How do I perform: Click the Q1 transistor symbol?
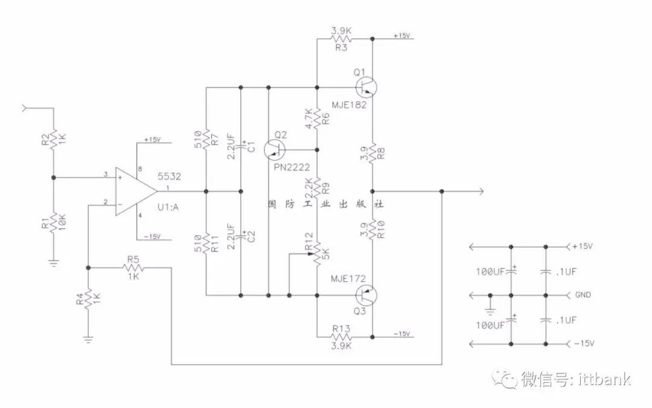366,88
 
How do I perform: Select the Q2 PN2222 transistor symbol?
275,150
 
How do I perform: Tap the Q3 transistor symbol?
366,296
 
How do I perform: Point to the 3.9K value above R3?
341,31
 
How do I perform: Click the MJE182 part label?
350,105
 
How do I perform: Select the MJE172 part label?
348,279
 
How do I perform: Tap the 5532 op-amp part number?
169,176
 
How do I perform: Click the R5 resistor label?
133,259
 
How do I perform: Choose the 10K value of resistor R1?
62,222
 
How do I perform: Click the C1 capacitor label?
251,147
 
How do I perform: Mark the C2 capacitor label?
251,236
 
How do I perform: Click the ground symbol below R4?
88,339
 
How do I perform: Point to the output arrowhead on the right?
482,192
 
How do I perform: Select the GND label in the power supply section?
583,295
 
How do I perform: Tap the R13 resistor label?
341,329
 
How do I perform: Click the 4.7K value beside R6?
308,118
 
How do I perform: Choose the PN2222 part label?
292,167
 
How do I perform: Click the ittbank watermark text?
605,379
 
